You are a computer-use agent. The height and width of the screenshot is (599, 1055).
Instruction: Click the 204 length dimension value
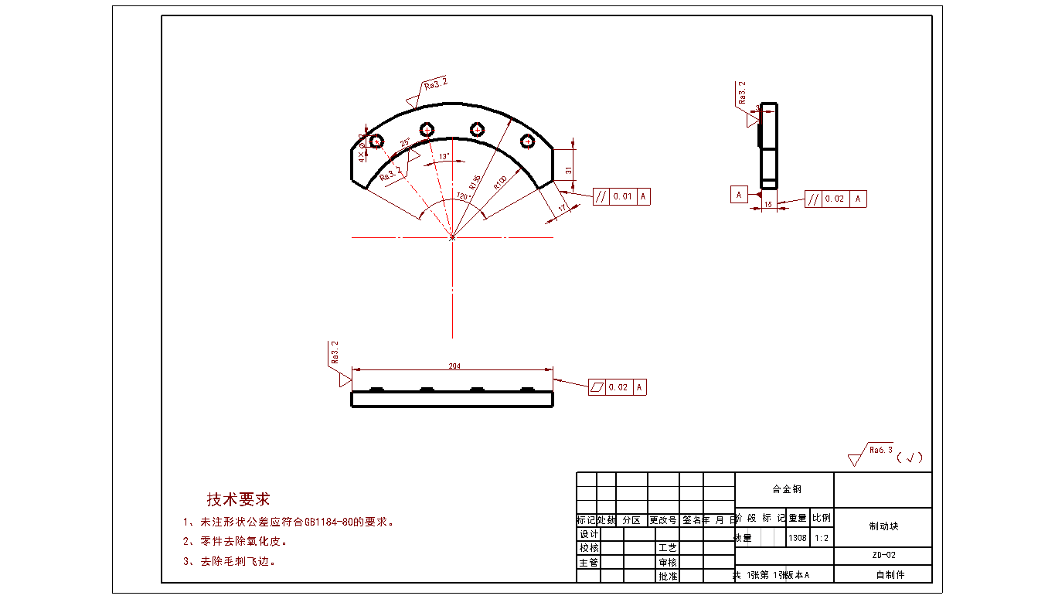[x=454, y=366]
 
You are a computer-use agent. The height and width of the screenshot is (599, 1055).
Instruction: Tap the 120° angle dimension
[x=464, y=196]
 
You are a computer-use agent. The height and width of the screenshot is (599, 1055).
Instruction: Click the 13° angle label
[x=444, y=157]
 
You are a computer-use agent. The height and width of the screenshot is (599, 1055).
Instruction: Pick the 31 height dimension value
[x=568, y=170]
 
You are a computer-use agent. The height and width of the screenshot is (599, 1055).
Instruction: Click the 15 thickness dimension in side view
[x=767, y=206]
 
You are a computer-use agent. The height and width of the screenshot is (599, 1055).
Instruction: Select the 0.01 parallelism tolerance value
[x=622, y=196]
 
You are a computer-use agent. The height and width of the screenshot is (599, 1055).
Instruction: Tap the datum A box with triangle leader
[x=739, y=195]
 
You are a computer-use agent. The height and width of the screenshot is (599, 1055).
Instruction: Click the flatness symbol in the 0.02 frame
[x=597, y=387]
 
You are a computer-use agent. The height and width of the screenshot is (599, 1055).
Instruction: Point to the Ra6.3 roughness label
[x=881, y=449]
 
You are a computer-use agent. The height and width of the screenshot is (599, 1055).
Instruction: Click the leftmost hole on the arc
[x=377, y=141]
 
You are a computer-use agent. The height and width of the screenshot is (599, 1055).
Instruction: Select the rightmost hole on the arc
[x=528, y=141]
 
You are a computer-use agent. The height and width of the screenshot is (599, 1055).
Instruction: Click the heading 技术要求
[x=238, y=499]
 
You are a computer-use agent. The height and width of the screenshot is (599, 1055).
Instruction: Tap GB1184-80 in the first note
[x=330, y=522]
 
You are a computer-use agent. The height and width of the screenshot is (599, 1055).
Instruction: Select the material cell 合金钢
[x=786, y=489]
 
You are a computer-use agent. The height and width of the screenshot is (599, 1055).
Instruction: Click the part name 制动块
[x=883, y=526]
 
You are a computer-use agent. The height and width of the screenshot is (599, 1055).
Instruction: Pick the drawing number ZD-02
[x=883, y=555]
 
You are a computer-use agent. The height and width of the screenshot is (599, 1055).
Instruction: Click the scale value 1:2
[x=822, y=537]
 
